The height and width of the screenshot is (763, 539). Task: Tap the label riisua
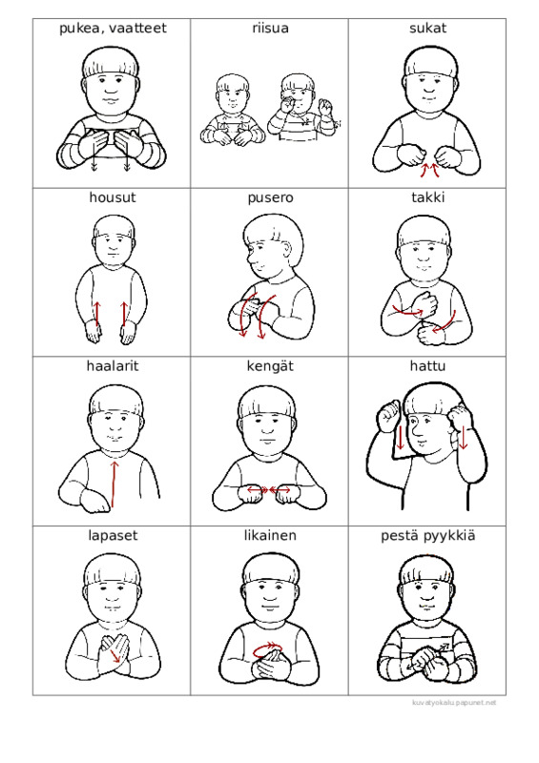coord(270,29)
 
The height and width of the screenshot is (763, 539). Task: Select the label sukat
coord(427,29)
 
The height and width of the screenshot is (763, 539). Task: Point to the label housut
coord(113,197)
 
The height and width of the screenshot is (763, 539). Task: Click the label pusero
coord(270,198)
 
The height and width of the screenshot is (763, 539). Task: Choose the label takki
coord(427,197)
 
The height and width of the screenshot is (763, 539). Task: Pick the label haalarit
coord(113,366)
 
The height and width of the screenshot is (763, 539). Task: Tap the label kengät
coord(270,366)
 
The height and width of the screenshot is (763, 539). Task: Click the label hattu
coord(427,366)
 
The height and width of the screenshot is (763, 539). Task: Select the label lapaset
coord(113,536)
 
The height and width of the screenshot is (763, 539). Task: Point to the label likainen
coord(270,535)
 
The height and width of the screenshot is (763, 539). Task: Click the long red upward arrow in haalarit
coord(114,485)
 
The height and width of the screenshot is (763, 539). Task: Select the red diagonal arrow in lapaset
coord(114,655)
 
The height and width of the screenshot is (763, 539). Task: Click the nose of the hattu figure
coord(417,430)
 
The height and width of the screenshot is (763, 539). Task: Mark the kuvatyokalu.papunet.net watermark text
coord(454,703)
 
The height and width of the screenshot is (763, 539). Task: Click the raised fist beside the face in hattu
coord(389,416)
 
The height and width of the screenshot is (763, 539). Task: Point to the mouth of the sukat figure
coord(429,91)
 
